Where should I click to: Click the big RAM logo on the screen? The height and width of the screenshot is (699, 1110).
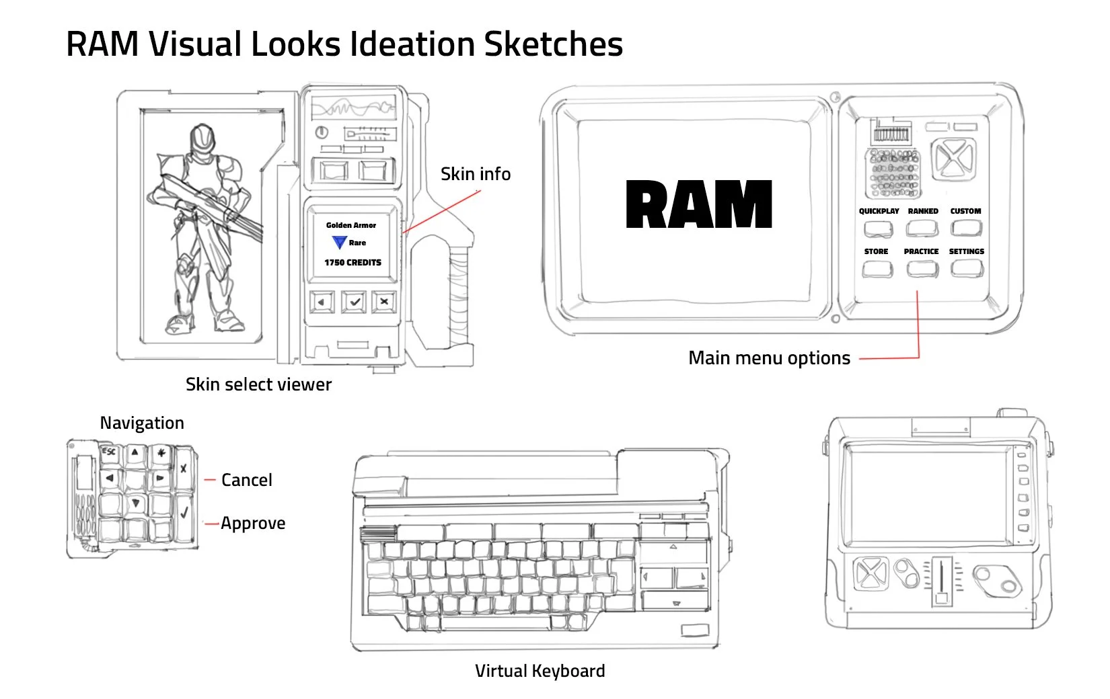coord(698,205)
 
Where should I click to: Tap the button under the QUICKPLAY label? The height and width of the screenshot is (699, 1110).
coord(878,229)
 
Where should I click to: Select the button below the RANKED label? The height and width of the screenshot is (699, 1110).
coord(922,229)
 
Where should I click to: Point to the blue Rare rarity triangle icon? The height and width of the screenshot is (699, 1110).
coord(339,243)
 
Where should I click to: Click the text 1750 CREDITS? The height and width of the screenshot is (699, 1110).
coord(353,263)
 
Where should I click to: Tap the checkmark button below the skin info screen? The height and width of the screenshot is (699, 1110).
coord(354,302)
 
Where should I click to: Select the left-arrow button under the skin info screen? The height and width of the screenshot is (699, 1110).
coord(322,302)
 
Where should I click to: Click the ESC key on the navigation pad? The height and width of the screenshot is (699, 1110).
coord(108,452)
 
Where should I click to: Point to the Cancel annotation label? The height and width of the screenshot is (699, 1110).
coord(246,480)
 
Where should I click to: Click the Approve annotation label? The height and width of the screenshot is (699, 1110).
coord(253,523)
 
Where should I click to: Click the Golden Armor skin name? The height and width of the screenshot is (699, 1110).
coord(351,225)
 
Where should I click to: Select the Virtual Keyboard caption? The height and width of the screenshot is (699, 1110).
coord(540,671)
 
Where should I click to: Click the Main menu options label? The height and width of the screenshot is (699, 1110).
coord(769,358)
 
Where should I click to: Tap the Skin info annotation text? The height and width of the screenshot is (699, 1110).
coord(475,174)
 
